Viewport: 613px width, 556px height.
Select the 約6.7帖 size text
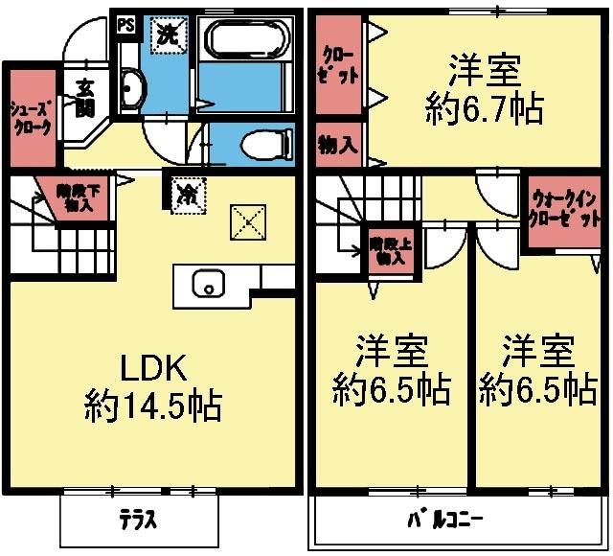(x=485, y=107)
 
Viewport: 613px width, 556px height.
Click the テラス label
(x=139, y=522)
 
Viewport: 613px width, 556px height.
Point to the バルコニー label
(x=445, y=521)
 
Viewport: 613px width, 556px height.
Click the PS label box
(x=125, y=26)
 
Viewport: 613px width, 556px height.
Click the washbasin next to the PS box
(x=134, y=91)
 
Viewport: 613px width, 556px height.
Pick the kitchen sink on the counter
(x=208, y=284)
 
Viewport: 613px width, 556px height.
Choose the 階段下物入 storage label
(x=75, y=197)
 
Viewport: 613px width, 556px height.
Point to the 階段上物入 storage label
(x=390, y=251)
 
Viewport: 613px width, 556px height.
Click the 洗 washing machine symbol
(x=167, y=35)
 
